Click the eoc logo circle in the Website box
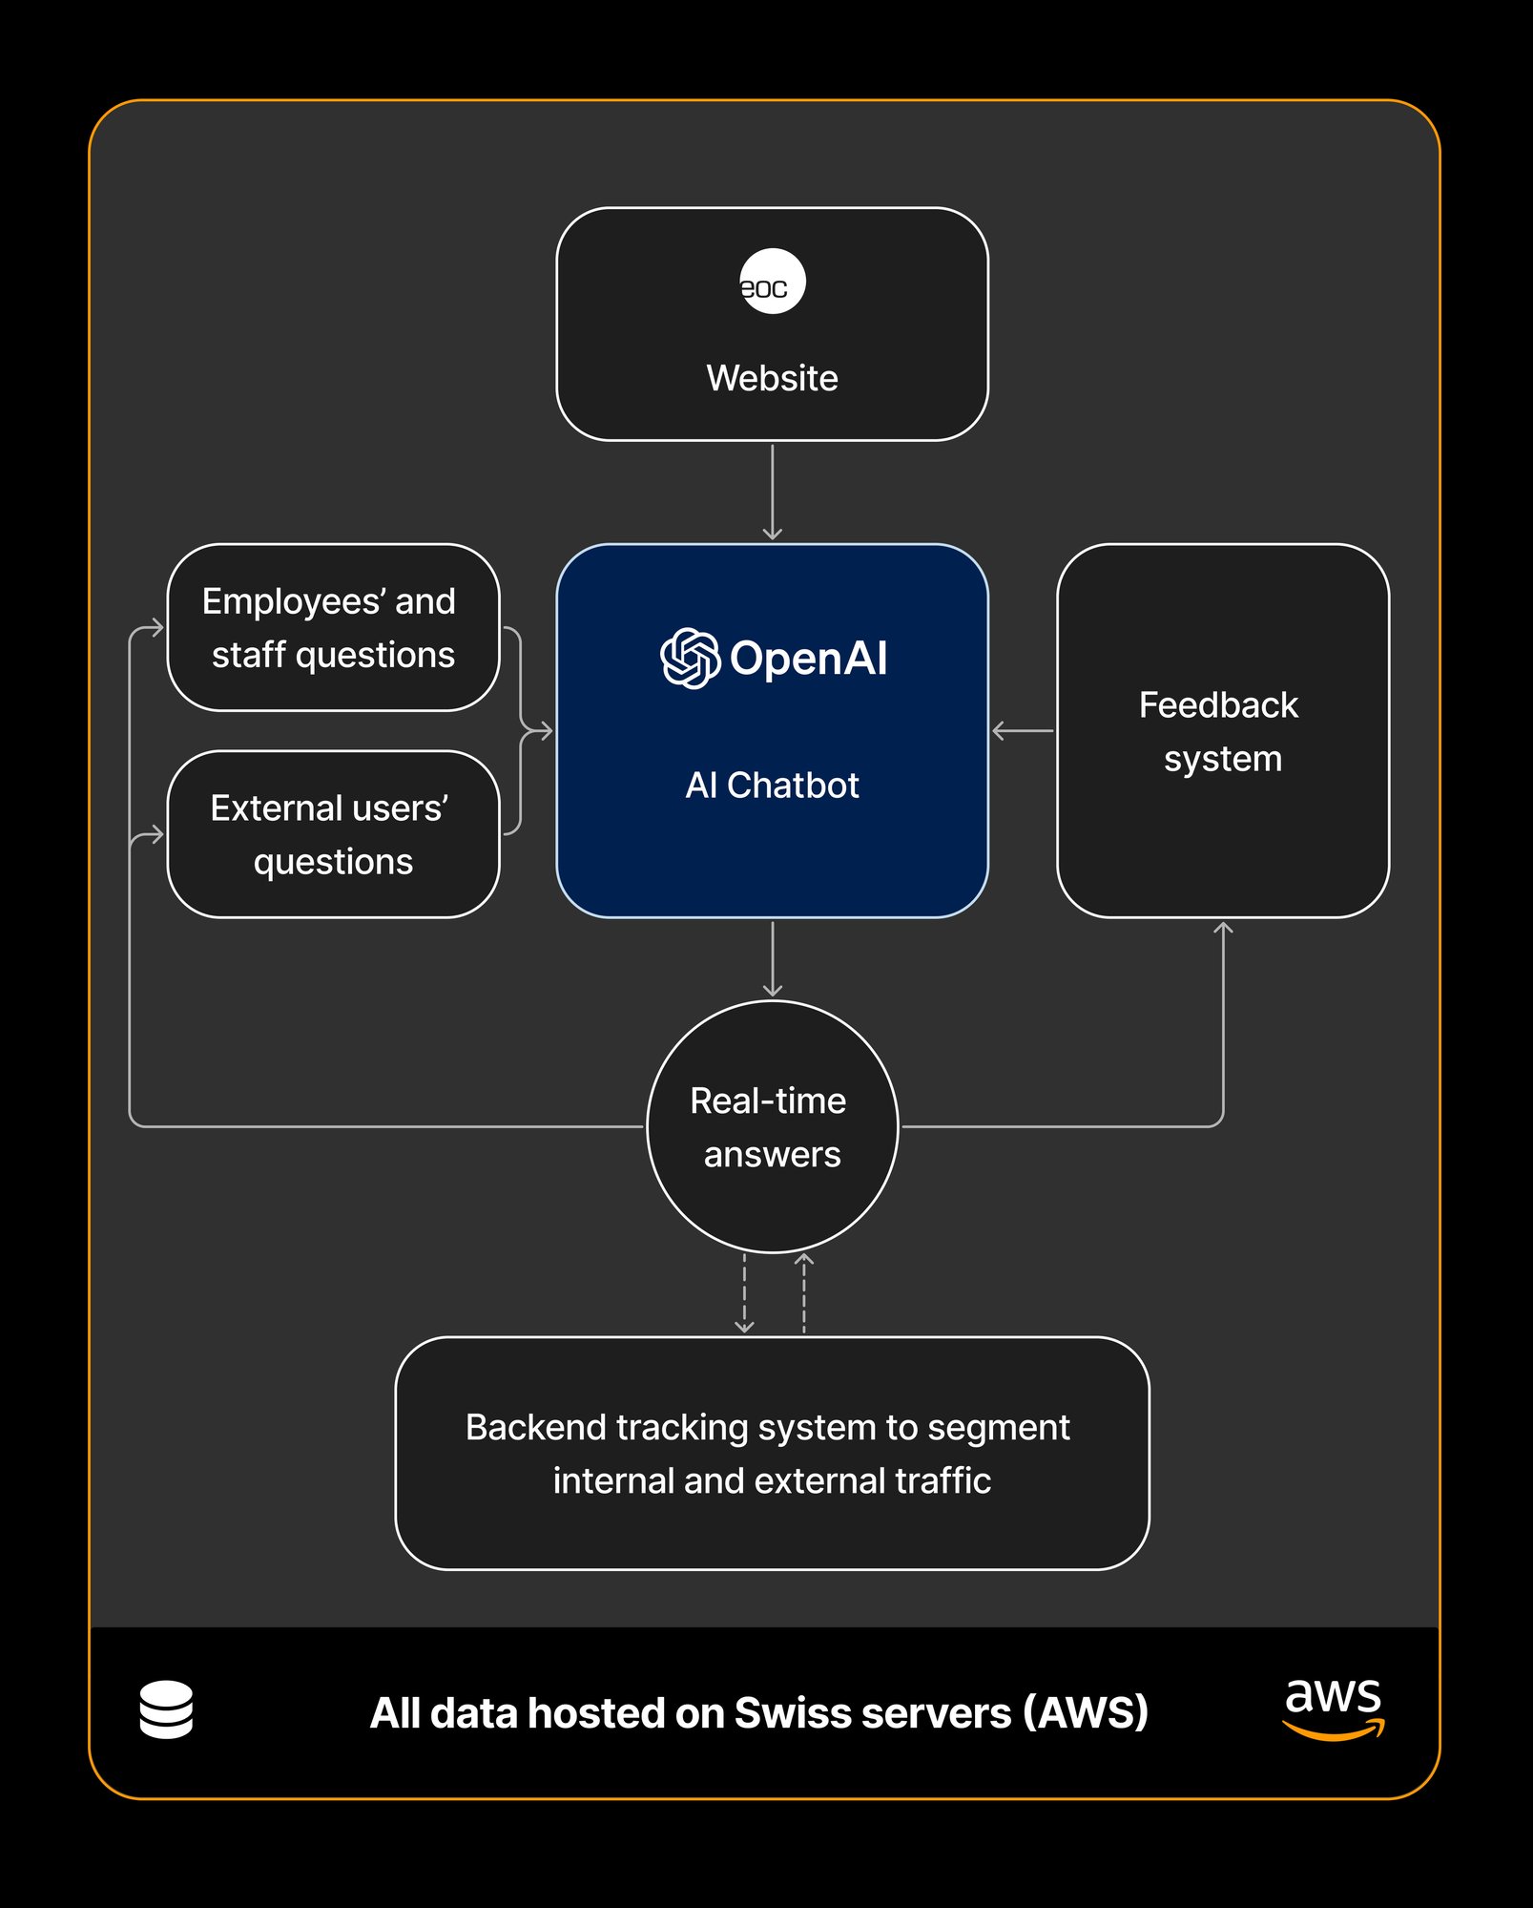772,282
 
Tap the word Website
772,378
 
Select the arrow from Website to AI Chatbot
772,491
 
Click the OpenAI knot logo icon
690,658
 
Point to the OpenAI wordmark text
808,659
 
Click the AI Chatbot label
772,786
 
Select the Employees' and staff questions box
333,627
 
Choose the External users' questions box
333,834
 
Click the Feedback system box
1222,731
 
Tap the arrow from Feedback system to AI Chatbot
1023,731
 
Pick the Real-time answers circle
772,1126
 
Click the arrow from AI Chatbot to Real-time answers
772,959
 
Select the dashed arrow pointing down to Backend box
744,1293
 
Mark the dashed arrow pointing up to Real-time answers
803,1293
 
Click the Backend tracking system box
772,1453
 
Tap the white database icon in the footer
166,1710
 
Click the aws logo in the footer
1333,1709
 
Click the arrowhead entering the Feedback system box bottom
1223,929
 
